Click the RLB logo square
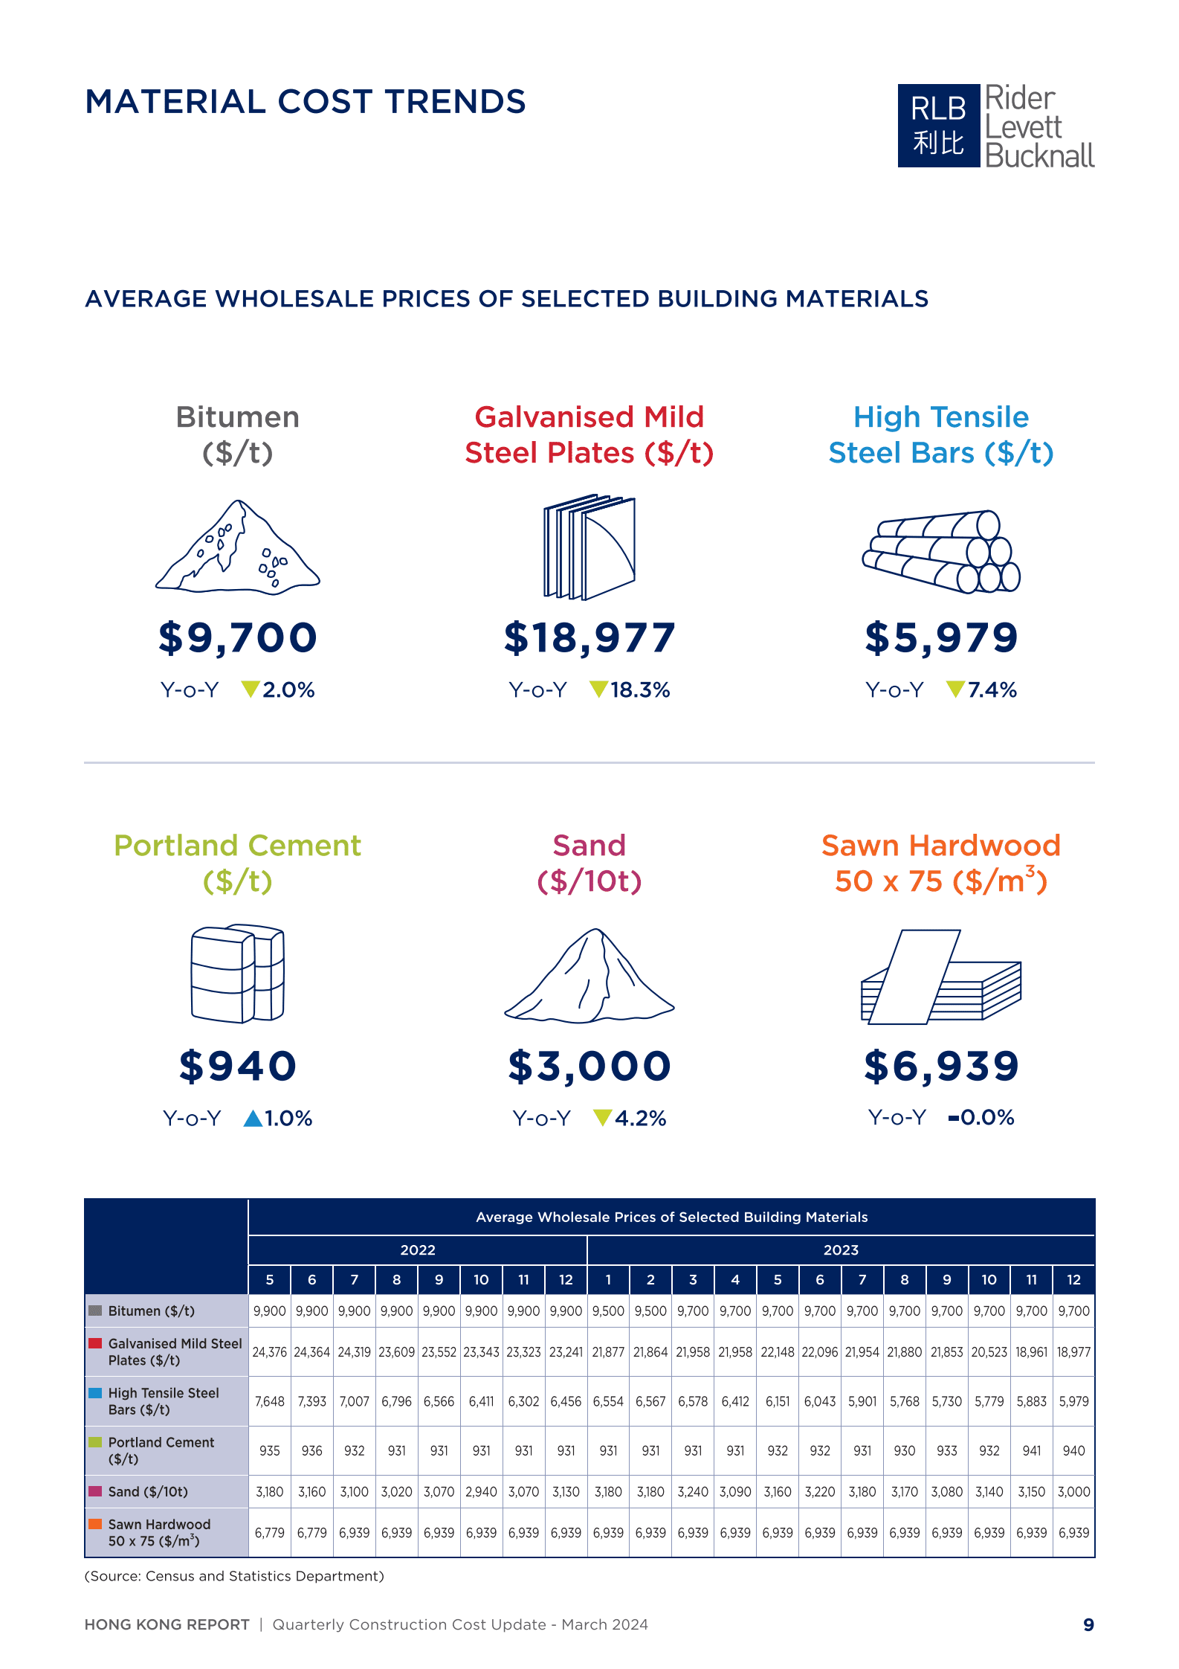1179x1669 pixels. [938, 125]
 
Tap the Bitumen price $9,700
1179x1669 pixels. [238, 638]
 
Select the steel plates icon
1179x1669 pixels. [589, 547]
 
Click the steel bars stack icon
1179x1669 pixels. [941, 551]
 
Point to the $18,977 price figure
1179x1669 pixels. [589, 638]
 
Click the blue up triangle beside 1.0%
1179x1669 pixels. [253, 1118]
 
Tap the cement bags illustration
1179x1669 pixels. [238, 974]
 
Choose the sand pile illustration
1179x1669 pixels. [589, 975]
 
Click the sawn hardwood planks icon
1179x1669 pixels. [941, 977]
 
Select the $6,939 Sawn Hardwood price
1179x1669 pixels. [941, 1066]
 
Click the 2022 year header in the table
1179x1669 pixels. [418, 1250]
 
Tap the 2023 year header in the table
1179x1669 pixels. [841, 1250]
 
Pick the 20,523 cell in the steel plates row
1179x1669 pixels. [989, 1351]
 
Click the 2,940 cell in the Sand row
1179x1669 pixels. [481, 1491]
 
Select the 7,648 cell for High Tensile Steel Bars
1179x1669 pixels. [269, 1401]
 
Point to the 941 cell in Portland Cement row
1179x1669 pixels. [1031, 1450]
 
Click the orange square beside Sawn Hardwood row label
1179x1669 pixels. [95, 1523]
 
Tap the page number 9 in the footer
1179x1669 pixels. [1088, 1625]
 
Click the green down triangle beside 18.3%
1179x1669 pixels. [598, 689]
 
